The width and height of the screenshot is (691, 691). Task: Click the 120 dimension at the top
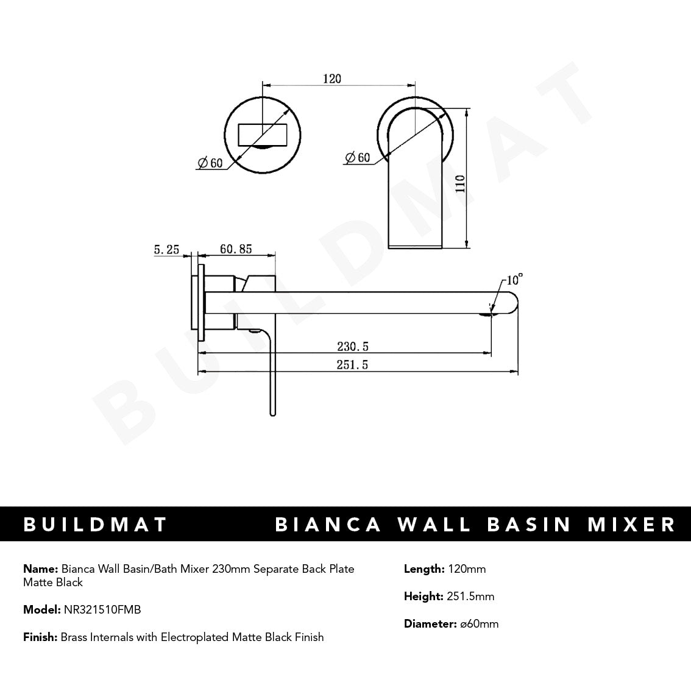tap(332, 79)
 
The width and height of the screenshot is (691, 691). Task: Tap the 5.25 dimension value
tap(166, 249)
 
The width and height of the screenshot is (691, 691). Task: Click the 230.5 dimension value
tap(353, 347)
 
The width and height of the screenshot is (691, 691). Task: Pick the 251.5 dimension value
tap(353, 365)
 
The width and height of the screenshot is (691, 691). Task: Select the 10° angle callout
tap(514, 280)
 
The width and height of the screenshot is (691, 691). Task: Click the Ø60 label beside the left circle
tap(210, 163)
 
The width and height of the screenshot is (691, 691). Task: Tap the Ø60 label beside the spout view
tap(357, 157)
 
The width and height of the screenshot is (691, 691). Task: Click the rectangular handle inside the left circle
tap(263, 134)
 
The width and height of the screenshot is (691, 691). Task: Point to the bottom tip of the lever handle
tap(272, 413)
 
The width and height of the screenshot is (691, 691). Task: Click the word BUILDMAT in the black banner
tap(95, 524)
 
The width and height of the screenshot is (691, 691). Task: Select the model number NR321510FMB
tap(102, 609)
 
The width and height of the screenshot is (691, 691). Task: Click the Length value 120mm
tap(466, 569)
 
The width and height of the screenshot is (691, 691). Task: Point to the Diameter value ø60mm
tap(478, 623)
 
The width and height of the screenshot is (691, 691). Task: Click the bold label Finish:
tap(40, 637)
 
